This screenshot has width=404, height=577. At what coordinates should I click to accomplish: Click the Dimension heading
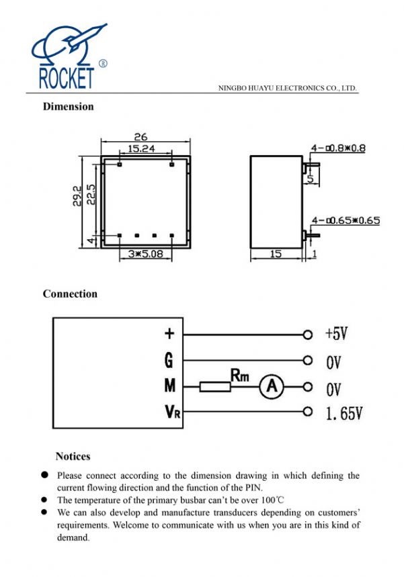tap(68, 106)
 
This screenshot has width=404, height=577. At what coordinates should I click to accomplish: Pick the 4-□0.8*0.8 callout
tap(337, 148)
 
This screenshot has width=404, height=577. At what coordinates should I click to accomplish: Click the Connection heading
tap(70, 294)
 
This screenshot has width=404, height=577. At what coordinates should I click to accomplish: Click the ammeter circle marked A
tap(272, 386)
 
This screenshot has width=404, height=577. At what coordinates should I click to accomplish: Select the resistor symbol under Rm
tap(215, 386)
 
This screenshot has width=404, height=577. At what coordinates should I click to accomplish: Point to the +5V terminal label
tap(336, 333)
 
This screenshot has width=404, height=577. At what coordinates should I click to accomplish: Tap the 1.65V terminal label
tap(344, 413)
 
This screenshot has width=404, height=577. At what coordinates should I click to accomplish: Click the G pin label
tap(169, 360)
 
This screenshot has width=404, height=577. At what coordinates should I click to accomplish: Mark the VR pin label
tap(171, 412)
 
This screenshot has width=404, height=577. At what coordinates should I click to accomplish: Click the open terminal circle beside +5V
tap(308, 334)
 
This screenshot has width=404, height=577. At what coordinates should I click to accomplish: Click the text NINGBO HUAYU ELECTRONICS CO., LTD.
tap(288, 88)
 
